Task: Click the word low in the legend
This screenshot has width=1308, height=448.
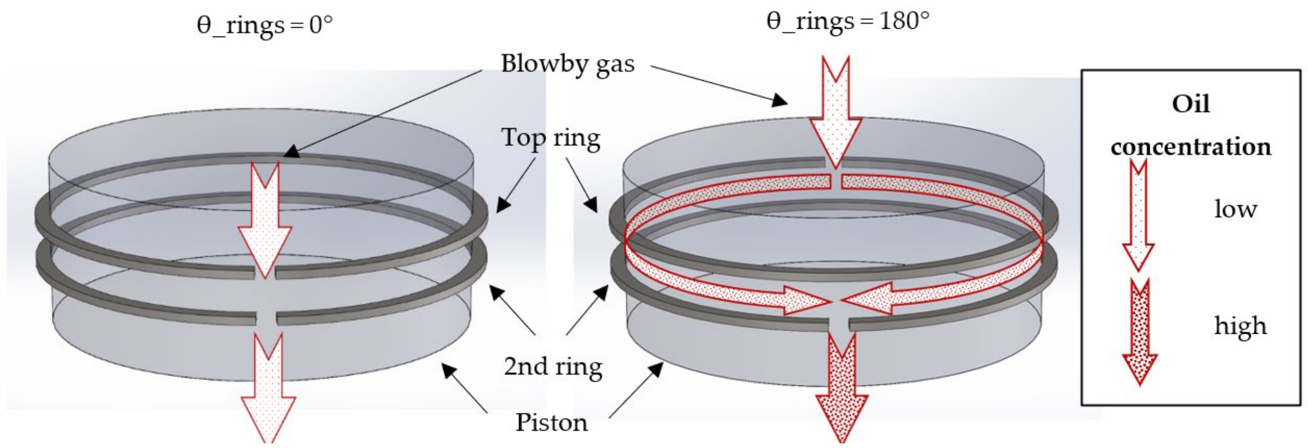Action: (1235, 209)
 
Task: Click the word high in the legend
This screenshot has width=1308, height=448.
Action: (1240, 326)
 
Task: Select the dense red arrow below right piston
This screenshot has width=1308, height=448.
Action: (841, 391)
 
